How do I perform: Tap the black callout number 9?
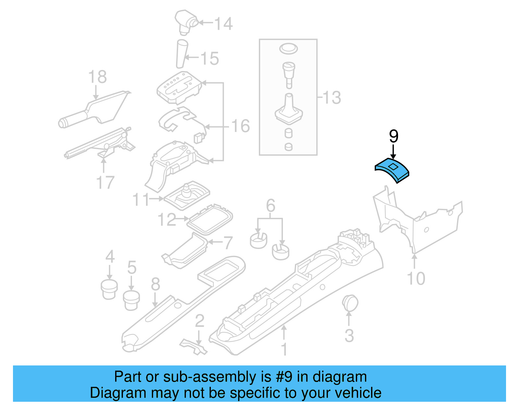(393, 137)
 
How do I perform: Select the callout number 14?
(224, 24)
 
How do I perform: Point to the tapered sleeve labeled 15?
(182, 54)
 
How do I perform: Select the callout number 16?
(240, 126)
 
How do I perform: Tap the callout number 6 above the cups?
(271, 205)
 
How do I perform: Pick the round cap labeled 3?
(350, 303)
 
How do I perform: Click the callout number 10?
(416, 279)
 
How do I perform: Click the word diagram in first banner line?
(340, 377)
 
